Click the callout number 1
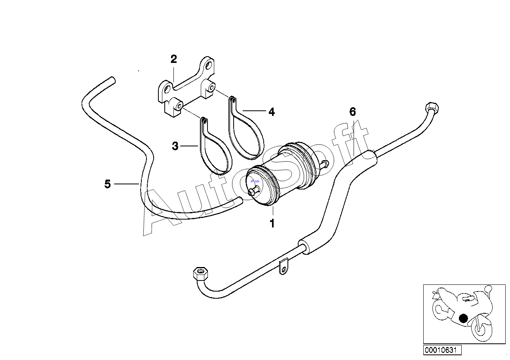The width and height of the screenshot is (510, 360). (272, 224)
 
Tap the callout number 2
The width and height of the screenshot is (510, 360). (174, 59)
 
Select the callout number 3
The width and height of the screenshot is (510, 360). (175, 146)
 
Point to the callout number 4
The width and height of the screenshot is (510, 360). (272, 112)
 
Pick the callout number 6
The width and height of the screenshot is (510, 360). (352, 112)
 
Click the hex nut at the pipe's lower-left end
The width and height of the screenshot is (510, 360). (200, 274)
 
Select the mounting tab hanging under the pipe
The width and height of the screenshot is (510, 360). (283, 267)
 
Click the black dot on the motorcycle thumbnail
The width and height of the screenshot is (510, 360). (463, 318)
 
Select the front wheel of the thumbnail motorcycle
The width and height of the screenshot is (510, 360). (482, 328)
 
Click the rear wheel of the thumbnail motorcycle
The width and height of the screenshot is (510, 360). (443, 310)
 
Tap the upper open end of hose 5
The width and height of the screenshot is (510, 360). (112, 80)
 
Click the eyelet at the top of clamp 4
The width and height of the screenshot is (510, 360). (232, 100)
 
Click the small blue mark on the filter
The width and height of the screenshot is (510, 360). (255, 181)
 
